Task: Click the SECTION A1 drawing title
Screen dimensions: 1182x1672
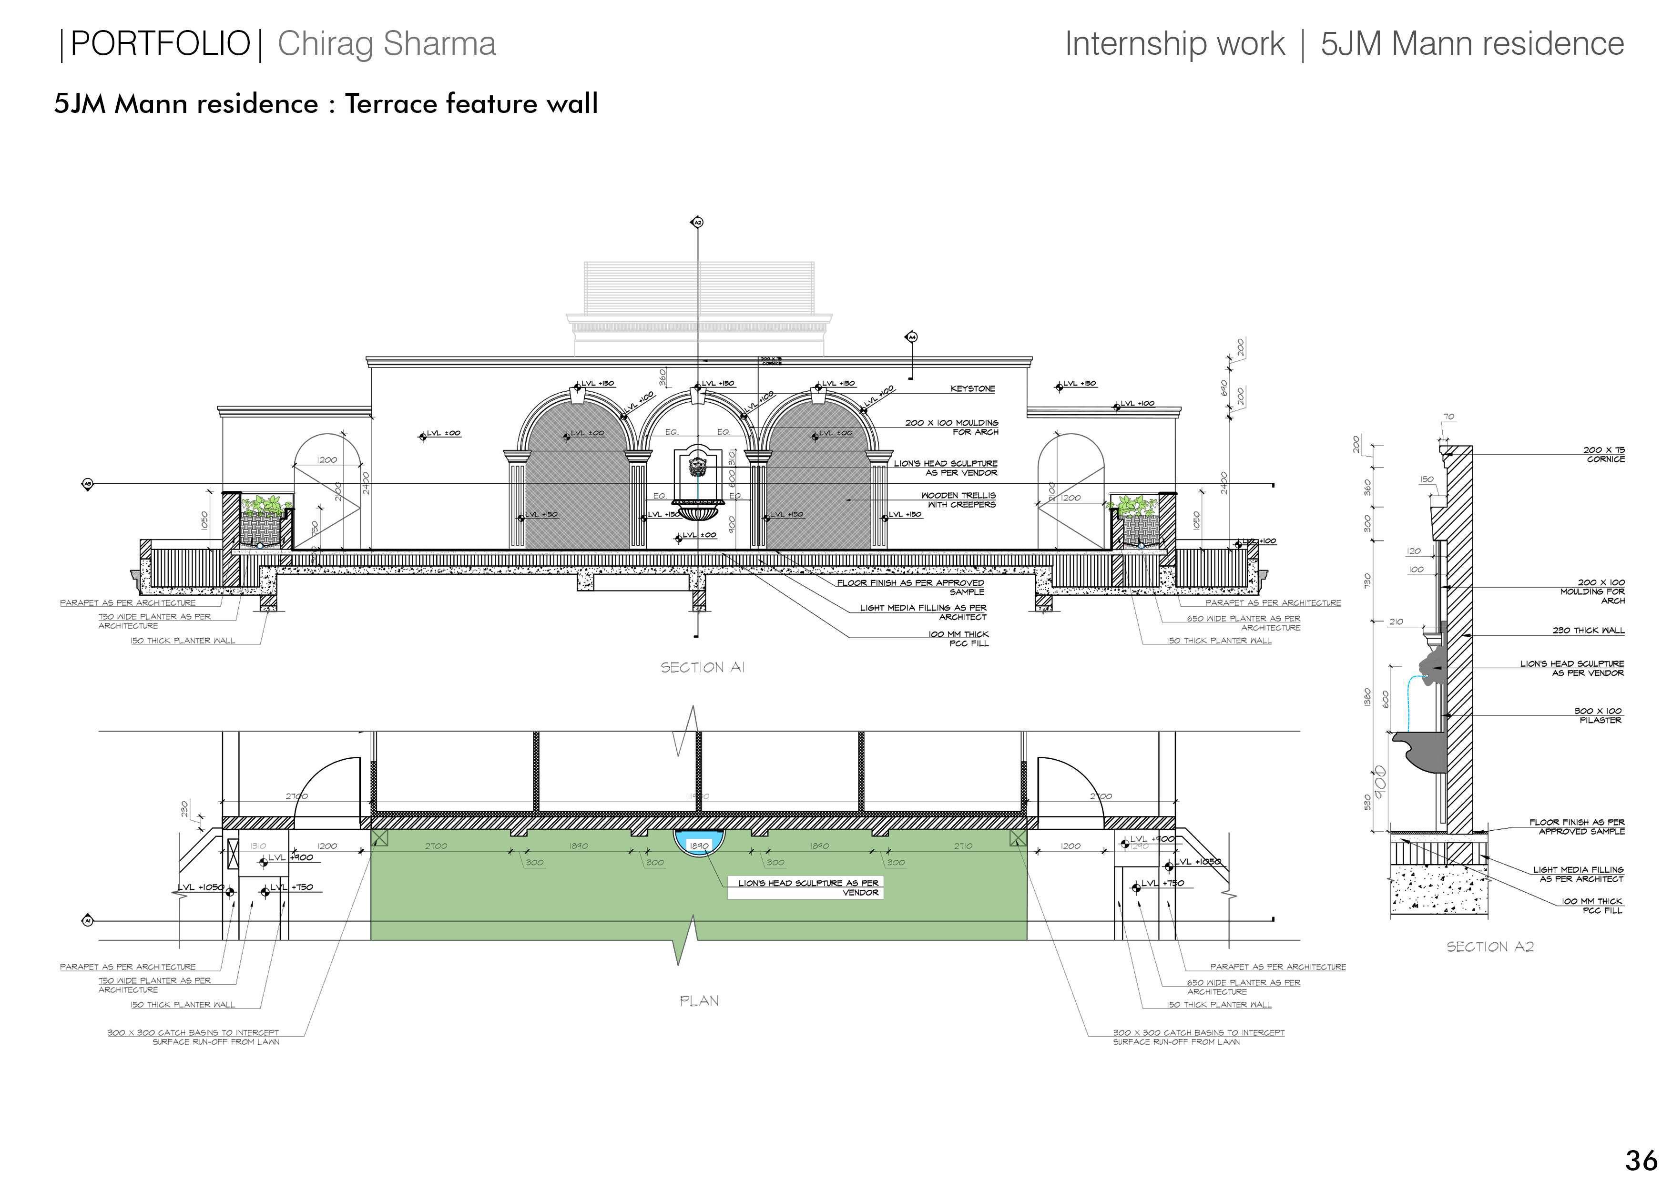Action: [702, 667]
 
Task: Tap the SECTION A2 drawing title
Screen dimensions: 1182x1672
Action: [1489, 947]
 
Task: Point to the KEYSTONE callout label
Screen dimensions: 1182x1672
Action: [972, 389]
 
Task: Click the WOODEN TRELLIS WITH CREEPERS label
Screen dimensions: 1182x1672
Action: [958, 499]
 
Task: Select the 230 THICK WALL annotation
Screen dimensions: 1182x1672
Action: [1588, 630]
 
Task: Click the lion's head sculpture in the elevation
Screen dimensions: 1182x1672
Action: [698, 466]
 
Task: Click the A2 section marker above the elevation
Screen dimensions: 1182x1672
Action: [697, 222]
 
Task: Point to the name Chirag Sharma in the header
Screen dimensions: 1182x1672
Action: [387, 44]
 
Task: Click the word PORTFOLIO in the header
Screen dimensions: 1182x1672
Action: [160, 44]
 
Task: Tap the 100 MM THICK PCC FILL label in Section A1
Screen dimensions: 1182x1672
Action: [958, 639]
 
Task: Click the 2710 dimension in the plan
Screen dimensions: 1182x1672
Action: [963, 846]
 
